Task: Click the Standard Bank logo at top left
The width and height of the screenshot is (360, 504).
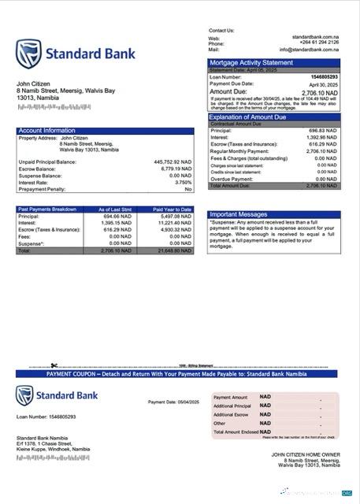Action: click(x=76, y=54)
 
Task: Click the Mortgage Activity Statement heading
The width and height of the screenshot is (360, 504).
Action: click(x=251, y=63)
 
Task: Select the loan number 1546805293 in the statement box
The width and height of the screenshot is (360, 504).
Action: click(x=321, y=76)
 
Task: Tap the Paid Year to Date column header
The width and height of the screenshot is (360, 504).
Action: click(x=174, y=209)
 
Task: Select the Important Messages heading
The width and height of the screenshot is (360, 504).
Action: click(x=239, y=214)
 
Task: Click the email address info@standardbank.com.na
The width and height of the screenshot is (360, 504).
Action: click(x=313, y=50)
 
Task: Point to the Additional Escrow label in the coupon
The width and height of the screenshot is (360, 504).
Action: click(x=232, y=414)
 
